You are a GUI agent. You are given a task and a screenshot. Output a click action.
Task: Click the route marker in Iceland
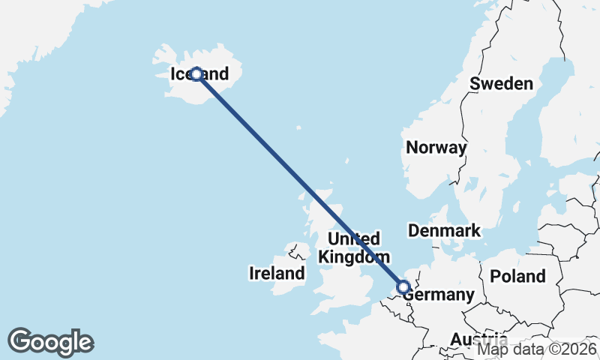tap(196, 74)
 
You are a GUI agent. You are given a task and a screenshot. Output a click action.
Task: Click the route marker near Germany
tap(403, 287)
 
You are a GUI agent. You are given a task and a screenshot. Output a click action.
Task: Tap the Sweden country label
tap(501, 83)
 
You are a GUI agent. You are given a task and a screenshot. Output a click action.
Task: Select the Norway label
tap(436, 147)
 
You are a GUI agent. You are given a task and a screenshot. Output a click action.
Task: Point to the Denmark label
tap(444, 230)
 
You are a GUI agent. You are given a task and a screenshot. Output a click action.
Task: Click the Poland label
tap(517, 276)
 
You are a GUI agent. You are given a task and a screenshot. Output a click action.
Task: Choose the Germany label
tap(440, 295)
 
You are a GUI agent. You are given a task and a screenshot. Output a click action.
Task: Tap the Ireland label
tap(277, 273)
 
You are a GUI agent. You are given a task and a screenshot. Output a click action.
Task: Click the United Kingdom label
tap(354, 247)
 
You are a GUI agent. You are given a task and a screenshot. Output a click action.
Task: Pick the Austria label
tap(478, 340)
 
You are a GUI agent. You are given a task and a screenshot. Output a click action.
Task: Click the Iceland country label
tap(199, 74)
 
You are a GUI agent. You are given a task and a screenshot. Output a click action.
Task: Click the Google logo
tap(50, 342)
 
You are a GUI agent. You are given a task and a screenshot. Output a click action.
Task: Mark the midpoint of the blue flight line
tap(300, 181)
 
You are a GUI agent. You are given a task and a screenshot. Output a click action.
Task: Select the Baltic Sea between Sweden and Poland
tap(525, 217)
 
